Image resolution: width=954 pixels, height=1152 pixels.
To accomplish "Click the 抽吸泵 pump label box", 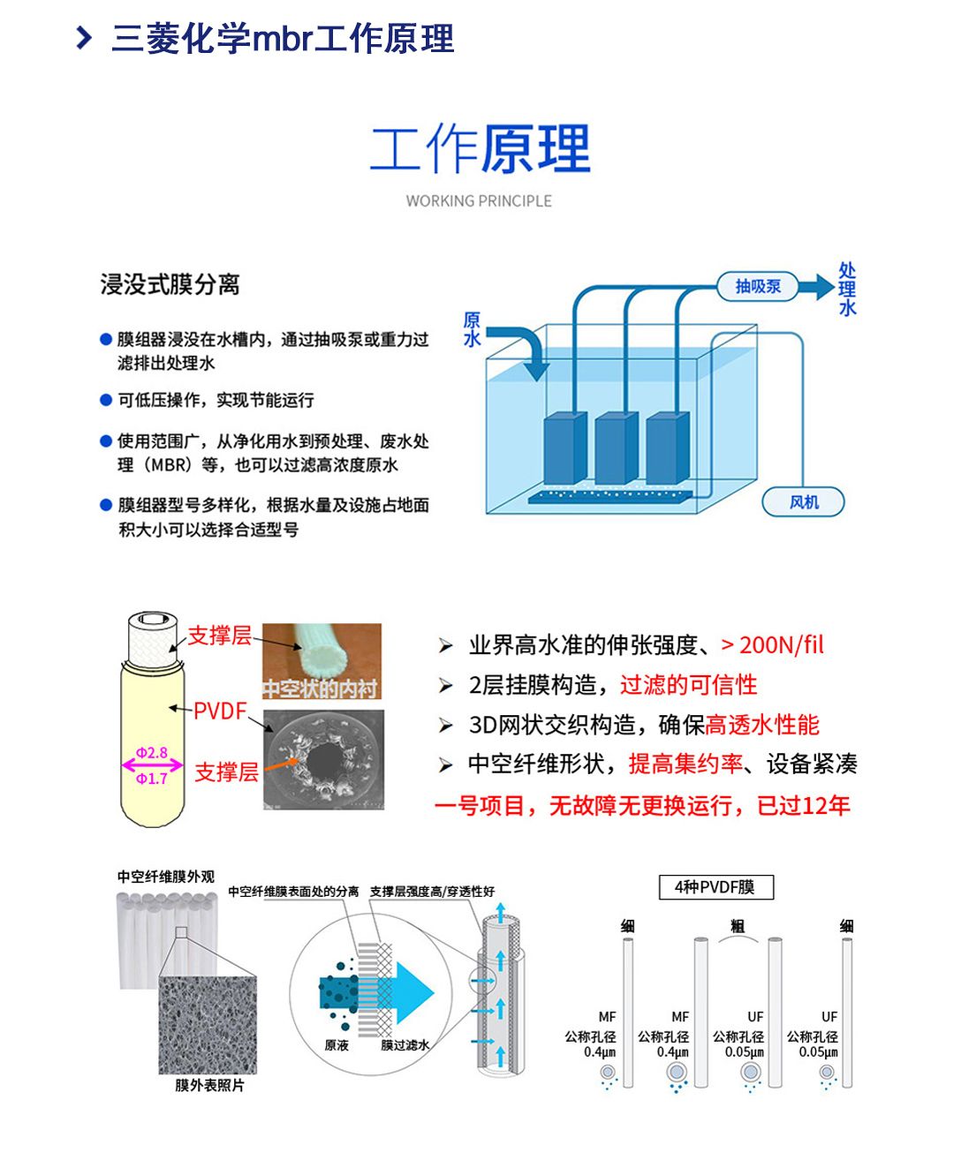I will tap(759, 286).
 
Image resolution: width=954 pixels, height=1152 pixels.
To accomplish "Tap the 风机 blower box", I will tap(803, 501).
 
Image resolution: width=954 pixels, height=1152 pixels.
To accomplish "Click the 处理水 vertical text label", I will tap(847, 289).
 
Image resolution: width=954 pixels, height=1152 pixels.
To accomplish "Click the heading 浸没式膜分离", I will tap(170, 284).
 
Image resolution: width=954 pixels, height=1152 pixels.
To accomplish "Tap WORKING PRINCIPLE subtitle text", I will tap(479, 201).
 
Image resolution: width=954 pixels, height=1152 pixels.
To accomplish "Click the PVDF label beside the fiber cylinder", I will tap(220, 711).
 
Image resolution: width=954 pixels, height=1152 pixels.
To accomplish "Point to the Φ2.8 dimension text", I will tap(152, 753).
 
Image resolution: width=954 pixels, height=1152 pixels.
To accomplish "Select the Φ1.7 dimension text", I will tap(152, 779).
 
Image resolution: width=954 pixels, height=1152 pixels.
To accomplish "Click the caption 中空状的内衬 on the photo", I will tap(321, 689).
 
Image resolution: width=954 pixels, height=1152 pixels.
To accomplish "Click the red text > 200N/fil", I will tap(772, 645).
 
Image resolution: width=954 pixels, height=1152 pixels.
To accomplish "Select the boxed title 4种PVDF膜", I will tap(715, 887).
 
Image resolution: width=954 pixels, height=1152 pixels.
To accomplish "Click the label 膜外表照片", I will tap(209, 1085).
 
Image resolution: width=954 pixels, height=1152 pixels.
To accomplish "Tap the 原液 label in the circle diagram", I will tap(337, 1045).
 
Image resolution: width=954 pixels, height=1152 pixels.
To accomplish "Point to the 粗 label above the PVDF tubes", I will tap(738, 925).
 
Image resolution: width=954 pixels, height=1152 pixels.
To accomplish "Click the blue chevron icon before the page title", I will tap(84, 38).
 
